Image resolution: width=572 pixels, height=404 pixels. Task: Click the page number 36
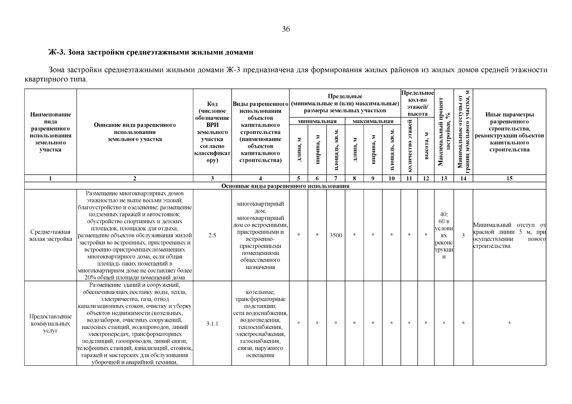point(286,29)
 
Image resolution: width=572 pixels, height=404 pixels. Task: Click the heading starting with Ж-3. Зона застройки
point(151,53)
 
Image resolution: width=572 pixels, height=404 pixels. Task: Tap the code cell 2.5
point(212,235)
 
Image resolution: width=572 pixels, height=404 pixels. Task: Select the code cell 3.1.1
point(212,324)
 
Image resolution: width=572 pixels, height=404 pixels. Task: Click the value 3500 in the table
point(336,235)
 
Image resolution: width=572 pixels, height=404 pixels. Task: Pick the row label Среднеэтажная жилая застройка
point(51,235)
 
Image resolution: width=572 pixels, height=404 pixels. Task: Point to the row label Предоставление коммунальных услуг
point(51,324)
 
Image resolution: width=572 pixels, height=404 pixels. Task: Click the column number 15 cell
point(509,179)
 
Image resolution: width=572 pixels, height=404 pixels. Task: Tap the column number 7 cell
point(336,179)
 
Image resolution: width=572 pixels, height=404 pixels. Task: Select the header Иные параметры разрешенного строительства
point(509,132)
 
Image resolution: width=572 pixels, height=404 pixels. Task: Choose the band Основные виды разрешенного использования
point(285,186)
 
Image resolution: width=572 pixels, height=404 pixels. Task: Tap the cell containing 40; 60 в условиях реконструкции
point(444,235)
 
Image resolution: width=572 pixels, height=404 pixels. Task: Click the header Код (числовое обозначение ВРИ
point(212,132)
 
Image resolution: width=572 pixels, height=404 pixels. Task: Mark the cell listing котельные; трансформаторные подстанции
point(260,324)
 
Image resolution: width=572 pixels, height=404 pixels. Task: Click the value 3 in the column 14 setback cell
point(463,235)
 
